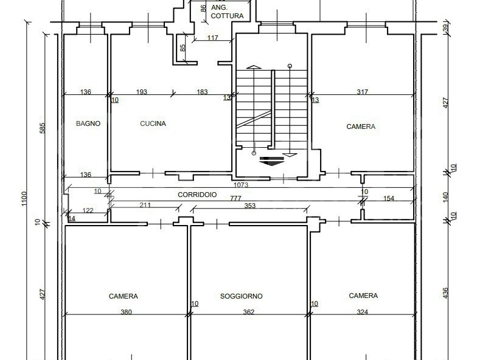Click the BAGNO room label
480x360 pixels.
coord(88,123)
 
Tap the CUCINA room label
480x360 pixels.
coord(153,123)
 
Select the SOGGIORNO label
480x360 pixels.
coord(242,296)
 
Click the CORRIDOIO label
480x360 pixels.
coord(197,195)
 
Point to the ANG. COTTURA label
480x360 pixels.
coord(227,12)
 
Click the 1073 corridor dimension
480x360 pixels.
coord(241,185)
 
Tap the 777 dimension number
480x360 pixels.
coord(235,198)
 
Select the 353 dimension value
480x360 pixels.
coord(250,206)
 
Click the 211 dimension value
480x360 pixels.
coord(145,205)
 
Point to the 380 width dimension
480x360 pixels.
coord(126,312)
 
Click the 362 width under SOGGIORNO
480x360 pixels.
coord(249,312)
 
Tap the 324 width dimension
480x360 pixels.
coord(363,312)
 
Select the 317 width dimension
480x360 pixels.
coord(363,92)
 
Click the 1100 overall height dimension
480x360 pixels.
coord(24,199)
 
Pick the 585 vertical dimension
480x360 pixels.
coord(43,128)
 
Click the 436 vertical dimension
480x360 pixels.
coord(445,293)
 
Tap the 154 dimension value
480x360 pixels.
coord(389,198)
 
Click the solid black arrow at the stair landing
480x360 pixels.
coord(272,161)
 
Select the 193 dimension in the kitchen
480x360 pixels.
coord(141,92)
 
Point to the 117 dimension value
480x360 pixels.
coord(213,38)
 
